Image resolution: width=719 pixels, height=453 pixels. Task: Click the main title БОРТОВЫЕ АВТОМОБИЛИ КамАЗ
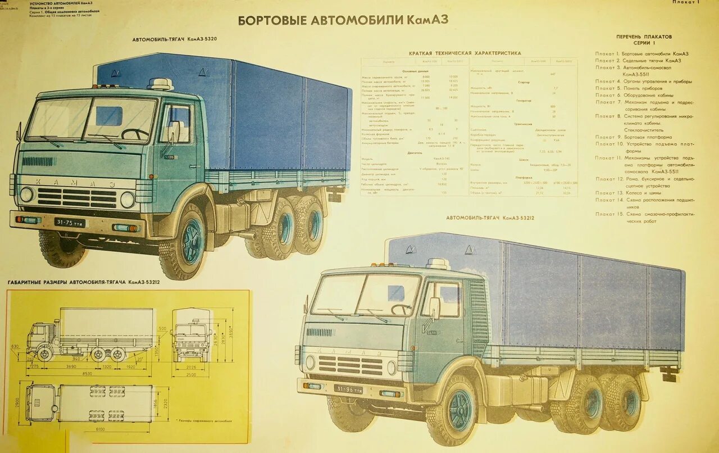tap(343, 21)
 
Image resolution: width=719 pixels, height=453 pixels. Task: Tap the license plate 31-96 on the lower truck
tap(348, 388)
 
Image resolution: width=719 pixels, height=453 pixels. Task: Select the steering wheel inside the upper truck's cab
tap(135, 134)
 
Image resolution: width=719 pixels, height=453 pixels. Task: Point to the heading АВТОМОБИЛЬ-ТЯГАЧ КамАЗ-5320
tap(175, 40)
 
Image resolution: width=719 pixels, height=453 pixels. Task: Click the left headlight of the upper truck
tap(26, 194)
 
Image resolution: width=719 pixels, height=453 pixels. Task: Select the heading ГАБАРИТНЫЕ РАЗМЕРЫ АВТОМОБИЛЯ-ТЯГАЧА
tap(84, 282)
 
